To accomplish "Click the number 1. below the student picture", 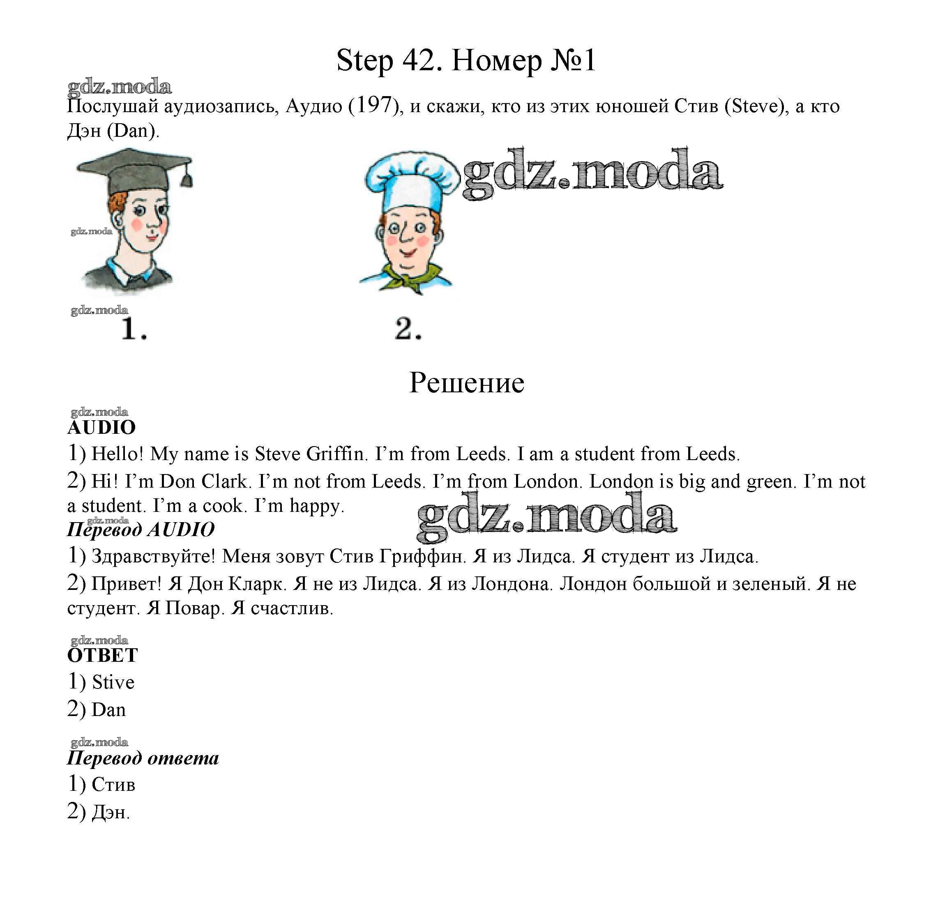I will coord(134,329).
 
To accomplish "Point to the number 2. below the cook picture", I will coord(408,329).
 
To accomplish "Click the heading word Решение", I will coord(466,383).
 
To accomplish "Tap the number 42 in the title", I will coord(418,61).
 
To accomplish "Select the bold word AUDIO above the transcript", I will coord(101,427).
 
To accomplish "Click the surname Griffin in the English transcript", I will coord(336,454).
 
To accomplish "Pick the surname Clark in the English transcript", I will coord(226,481).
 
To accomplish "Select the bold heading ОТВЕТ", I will coord(103,656).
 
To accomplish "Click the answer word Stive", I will coord(113,683).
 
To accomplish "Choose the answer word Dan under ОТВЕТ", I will coord(108,710).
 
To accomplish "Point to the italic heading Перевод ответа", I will coord(143,758).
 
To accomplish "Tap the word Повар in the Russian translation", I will coord(194,608).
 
